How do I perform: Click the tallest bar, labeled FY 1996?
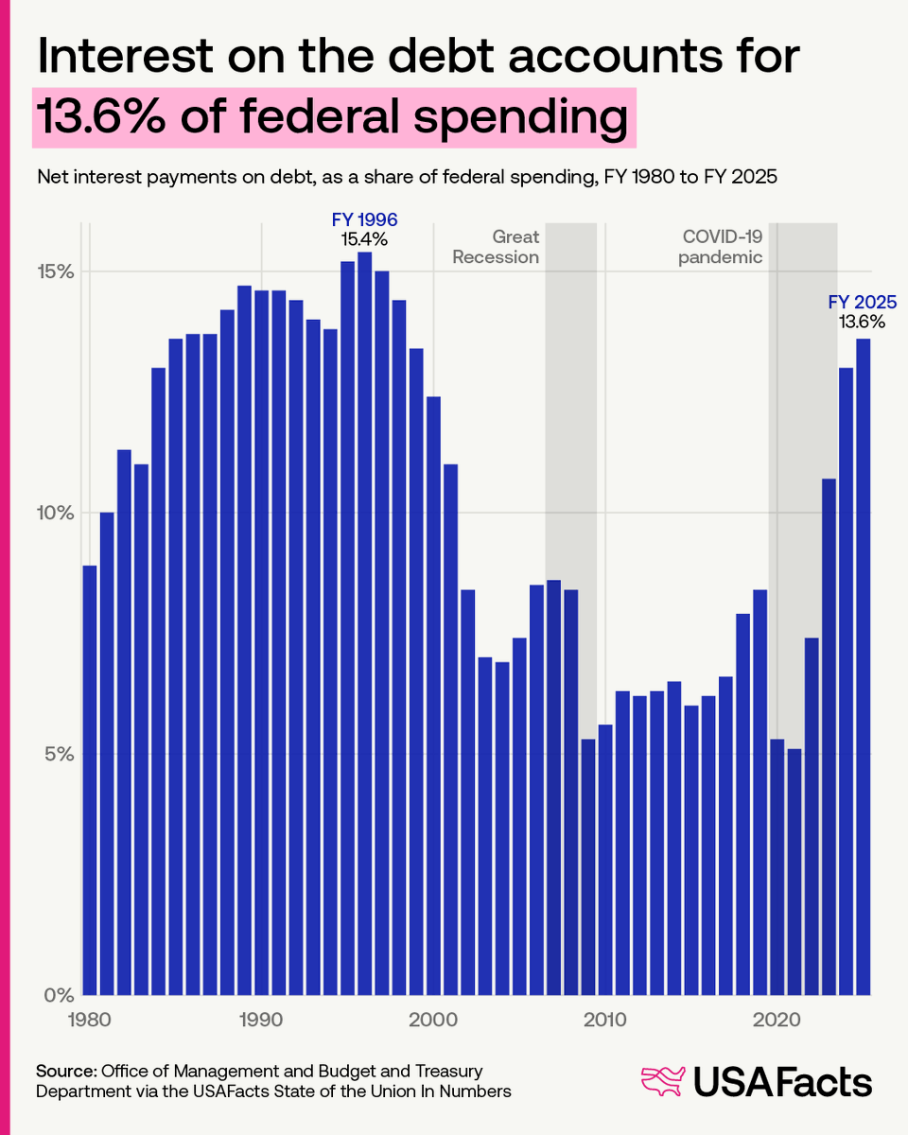(364, 624)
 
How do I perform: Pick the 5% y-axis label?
(59, 755)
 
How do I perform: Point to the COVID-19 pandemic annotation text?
(722, 247)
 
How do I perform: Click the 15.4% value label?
(364, 239)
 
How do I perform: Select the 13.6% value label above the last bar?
(862, 322)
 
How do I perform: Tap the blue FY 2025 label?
(862, 303)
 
